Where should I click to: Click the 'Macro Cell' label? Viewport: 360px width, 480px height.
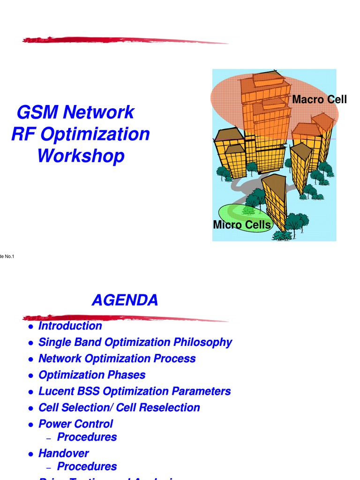tap(319, 99)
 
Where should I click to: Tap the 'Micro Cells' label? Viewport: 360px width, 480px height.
tap(242, 225)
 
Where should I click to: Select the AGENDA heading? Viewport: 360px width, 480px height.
tap(125, 300)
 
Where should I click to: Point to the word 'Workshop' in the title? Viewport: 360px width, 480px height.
tap(81, 156)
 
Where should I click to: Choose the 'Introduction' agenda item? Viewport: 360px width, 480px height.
tap(70, 326)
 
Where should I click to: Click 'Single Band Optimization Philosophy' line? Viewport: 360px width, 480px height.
tap(135, 342)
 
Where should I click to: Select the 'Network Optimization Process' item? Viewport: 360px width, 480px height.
tap(117, 359)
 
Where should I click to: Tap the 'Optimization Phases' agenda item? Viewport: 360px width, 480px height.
tap(92, 375)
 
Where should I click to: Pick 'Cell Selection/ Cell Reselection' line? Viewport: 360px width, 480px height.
tap(119, 408)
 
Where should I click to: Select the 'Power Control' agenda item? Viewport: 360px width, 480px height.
tap(75, 424)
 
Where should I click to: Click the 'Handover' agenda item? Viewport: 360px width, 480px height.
tap(63, 453)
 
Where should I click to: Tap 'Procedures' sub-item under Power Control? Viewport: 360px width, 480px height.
tap(87, 437)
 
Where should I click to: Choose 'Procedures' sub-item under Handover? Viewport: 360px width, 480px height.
tap(87, 466)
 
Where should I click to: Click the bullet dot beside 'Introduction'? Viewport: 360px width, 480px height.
tap(30, 327)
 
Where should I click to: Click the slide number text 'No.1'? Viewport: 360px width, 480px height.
tap(9, 256)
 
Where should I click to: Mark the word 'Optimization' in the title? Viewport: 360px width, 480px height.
tap(95, 134)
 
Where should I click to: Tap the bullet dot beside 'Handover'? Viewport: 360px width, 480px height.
tap(30, 454)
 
